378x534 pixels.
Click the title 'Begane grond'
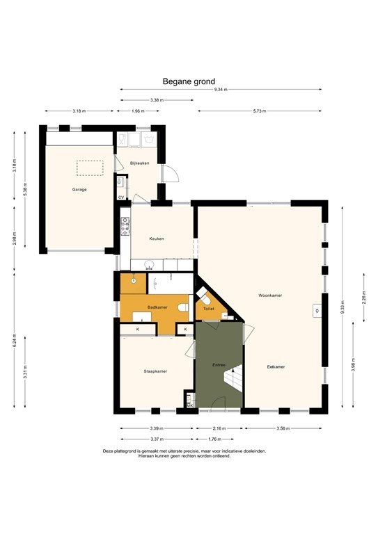click(x=189, y=81)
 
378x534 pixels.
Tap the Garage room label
click(x=79, y=189)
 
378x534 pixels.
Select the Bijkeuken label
click(x=139, y=163)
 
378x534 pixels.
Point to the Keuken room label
click(x=157, y=238)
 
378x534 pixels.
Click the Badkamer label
click(x=157, y=307)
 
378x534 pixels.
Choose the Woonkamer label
click(x=269, y=295)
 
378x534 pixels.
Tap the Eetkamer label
click(x=276, y=366)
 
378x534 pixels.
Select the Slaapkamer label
click(x=154, y=371)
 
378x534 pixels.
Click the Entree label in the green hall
click(x=219, y=364)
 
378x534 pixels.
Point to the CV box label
click(x=121, y=197)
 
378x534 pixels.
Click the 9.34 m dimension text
click(x=221, y=90)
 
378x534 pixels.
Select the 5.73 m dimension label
click(x=260, y=111)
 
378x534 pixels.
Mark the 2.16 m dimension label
click(x=219, y=429)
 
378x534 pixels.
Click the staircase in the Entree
click(x=232, y=386)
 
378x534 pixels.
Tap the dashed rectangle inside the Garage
click(x=90, y=168)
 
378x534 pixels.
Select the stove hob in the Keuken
click(x=125, y=226)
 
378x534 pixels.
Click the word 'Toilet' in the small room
click(x=208, y=309)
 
